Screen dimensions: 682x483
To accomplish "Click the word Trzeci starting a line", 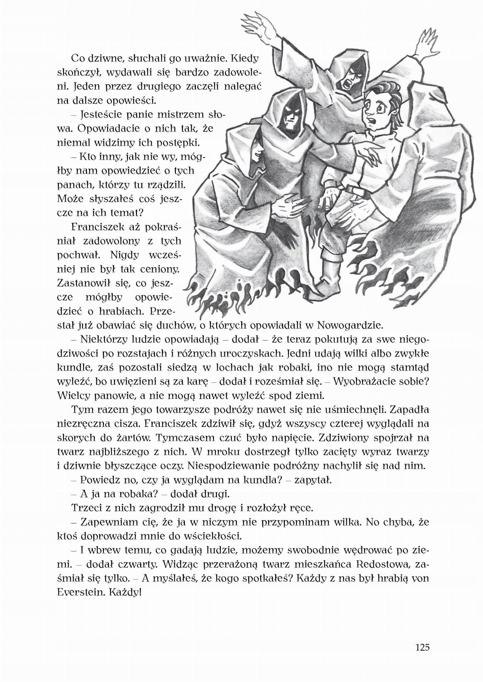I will point(84,508).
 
